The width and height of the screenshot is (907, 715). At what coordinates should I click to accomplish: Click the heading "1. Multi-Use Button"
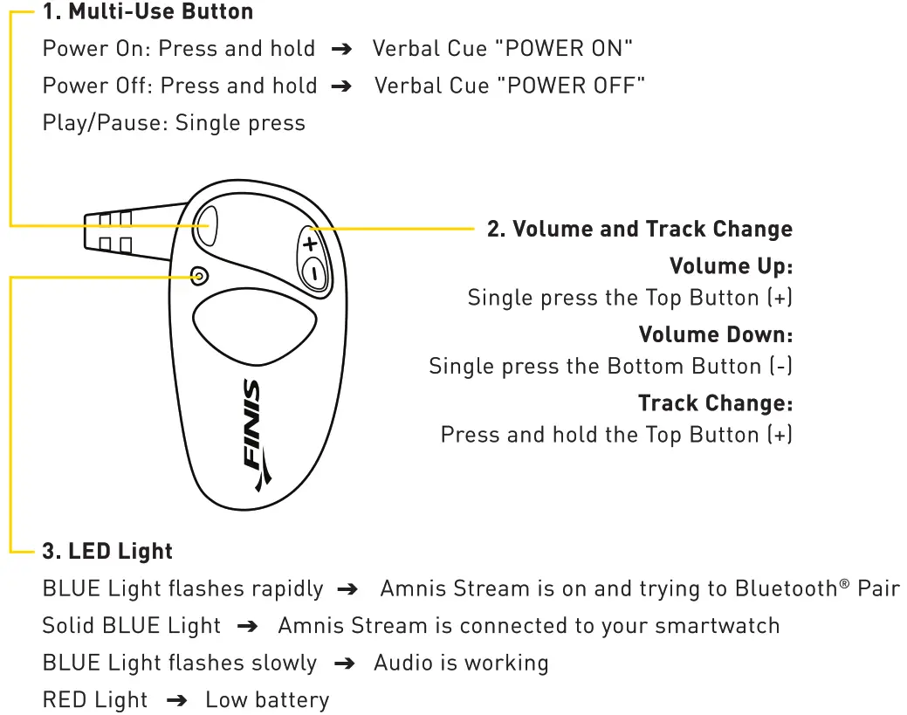(148, 12)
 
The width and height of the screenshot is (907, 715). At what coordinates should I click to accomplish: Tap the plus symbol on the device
(310, 244)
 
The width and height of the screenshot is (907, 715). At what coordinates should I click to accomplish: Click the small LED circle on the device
(199, 276)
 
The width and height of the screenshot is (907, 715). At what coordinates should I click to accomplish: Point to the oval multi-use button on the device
(208, 225)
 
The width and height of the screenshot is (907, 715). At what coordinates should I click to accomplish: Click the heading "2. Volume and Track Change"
(639, 230)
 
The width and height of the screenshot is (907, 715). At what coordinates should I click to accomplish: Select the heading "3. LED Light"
(107, 552)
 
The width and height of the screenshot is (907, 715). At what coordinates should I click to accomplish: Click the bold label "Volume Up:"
(731, 265)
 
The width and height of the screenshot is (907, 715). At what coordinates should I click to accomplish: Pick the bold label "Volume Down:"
(715, 334)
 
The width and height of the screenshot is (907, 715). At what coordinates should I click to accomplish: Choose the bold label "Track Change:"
(715, 403)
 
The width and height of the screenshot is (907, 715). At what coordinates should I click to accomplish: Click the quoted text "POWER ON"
(563, 48)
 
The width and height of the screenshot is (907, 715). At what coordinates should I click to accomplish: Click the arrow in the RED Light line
(176, 701)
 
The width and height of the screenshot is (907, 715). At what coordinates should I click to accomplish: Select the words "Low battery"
(267, 700)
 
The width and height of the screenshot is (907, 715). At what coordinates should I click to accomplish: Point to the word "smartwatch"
(718, 626)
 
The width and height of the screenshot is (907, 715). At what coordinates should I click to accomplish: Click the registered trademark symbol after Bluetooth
(844, 582)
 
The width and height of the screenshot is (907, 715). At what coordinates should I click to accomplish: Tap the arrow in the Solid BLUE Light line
(249, 627)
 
